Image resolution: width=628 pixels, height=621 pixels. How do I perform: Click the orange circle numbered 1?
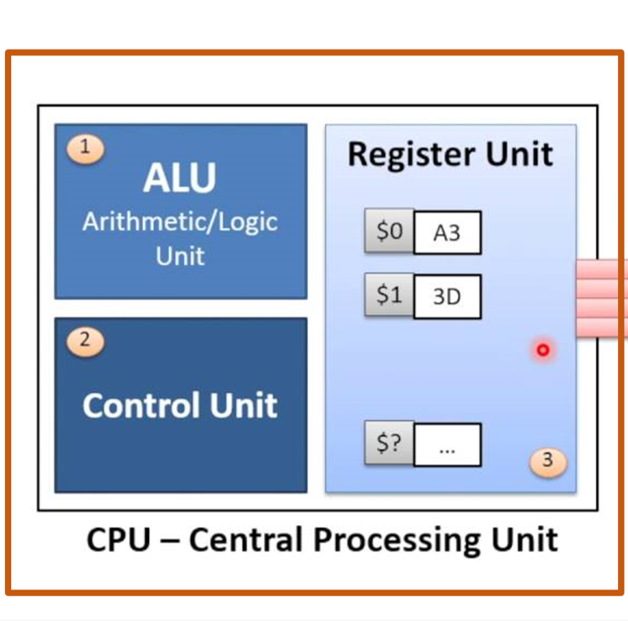pos(84,148)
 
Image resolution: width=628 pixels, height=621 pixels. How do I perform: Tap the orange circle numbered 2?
pos(84,341)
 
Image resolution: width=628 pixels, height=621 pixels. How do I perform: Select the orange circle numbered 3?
pos(548,460)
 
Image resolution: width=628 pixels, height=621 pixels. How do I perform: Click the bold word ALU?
pos(179,178)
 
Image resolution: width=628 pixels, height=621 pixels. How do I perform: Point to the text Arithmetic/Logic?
pos(180,223)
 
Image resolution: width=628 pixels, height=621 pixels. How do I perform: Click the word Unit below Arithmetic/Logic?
pos(180,256)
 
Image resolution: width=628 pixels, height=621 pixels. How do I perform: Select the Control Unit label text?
pos(180,406)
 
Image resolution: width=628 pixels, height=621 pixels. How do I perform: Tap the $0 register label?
pos(389,231)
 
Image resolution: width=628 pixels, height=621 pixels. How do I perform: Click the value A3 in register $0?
pos(447,233)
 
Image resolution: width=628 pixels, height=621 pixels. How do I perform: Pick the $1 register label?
pos(389,295)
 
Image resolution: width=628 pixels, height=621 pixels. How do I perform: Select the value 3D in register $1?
pos(447,297)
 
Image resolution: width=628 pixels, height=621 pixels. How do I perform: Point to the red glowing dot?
pos(543,349)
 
